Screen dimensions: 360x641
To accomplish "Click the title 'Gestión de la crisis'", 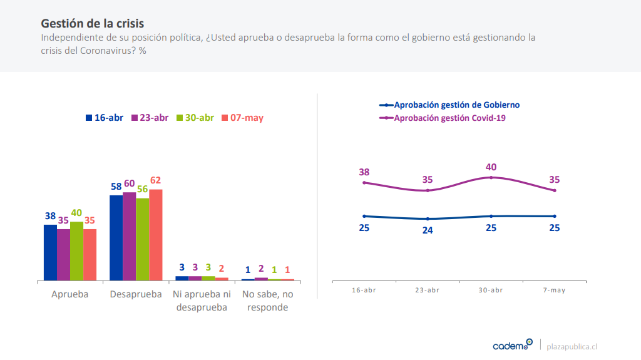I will [x=92, y=23].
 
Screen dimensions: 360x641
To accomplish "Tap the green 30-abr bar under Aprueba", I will [x=76, y=250].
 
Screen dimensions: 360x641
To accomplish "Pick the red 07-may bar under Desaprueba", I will [x=155, y=235].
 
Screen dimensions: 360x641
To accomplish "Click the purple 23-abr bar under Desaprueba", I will [x=129, y=236].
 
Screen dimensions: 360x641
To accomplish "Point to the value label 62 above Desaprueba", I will [x=155, y=180].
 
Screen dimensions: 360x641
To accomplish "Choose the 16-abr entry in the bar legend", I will [x=105, y=118].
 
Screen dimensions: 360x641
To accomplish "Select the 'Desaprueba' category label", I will [x=135, y=294].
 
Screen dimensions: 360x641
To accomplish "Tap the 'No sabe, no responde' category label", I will [x=267, y=301].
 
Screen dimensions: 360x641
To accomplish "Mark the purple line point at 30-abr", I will [x=491, y=177].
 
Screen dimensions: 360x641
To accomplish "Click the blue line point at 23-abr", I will [x=428, y=219].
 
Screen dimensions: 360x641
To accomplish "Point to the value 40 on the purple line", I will [x=491, y=167].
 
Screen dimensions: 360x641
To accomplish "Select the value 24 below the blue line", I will [x=428, y=230].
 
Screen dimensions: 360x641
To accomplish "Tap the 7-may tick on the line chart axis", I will [x=555, y=291].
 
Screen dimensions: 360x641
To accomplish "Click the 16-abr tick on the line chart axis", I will [x=364, y=291].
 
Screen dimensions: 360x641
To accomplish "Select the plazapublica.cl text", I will [x=572, y=346].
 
